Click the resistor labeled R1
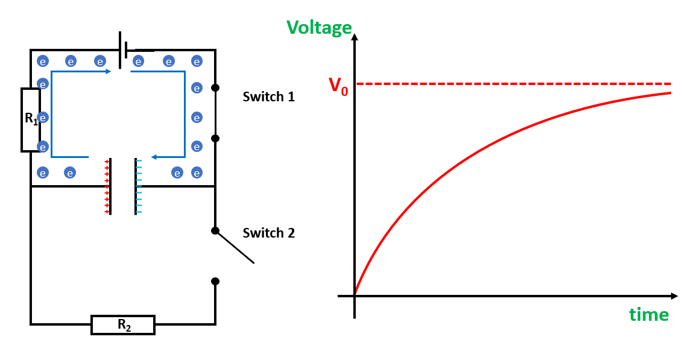coord(31,119)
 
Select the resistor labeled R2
coord(123,325)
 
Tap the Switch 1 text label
coord(268,96)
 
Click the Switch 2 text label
coord(268,233)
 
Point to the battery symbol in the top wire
coord(124,50)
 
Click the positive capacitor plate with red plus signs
coord(110,186)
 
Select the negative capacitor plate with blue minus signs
coord(136,186)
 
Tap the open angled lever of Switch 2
coord(235,247)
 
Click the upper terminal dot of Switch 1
coord(215,88)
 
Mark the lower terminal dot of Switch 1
coord(215,138)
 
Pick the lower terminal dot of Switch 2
coord(215,281)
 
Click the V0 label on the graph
coord(338,85)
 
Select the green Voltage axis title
coord(319,27)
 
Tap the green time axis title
coord(649,314)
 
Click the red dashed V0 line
coord(513,83)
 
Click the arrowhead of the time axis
coord(674,296)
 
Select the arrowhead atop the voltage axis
coord(355,37)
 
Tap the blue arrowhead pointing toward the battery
coord(108,71)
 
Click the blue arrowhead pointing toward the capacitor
coord(154,157)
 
